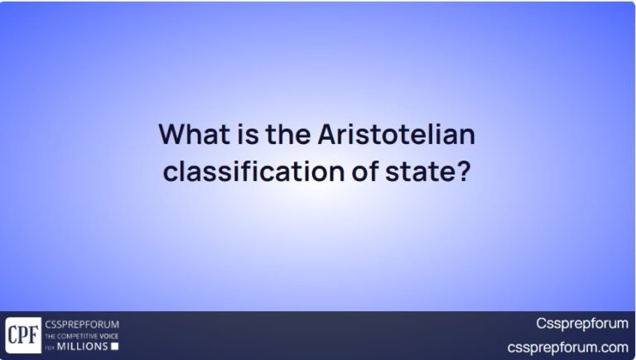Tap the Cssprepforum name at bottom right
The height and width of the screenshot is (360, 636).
pyautogui.click(x=582, y=324)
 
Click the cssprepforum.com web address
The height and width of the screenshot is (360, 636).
pyautogui.click(x=568, y=347)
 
